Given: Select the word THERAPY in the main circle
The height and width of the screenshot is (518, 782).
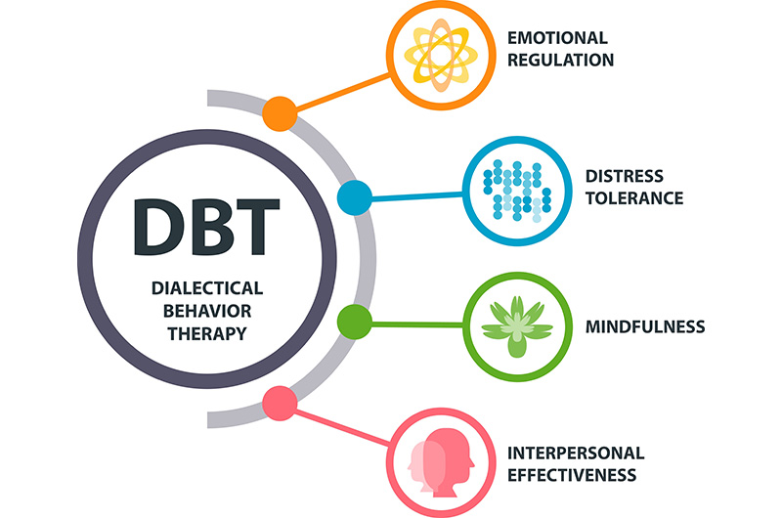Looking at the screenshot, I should pos(207,332).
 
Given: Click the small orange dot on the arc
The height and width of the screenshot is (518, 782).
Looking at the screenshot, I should pos(281,113).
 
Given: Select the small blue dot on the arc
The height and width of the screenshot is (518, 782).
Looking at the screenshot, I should pos(353,198).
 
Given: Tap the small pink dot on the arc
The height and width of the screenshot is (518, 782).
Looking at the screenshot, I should pos(281,403).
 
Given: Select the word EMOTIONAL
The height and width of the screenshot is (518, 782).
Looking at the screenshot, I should pos(556,38).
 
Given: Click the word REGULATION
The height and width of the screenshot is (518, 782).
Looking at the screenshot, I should pos(559,60).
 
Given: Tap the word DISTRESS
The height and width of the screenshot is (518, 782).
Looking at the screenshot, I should pos(624,177).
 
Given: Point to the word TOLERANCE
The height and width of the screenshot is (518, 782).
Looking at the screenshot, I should pos(633,198).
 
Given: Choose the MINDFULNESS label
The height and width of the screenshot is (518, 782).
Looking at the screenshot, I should pos(644,325).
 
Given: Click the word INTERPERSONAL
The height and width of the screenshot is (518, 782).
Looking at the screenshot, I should pos(576,453).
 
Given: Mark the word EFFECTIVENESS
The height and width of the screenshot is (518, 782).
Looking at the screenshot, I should pos(572,476).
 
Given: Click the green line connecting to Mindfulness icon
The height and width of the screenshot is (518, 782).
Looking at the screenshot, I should pos(415,322).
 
